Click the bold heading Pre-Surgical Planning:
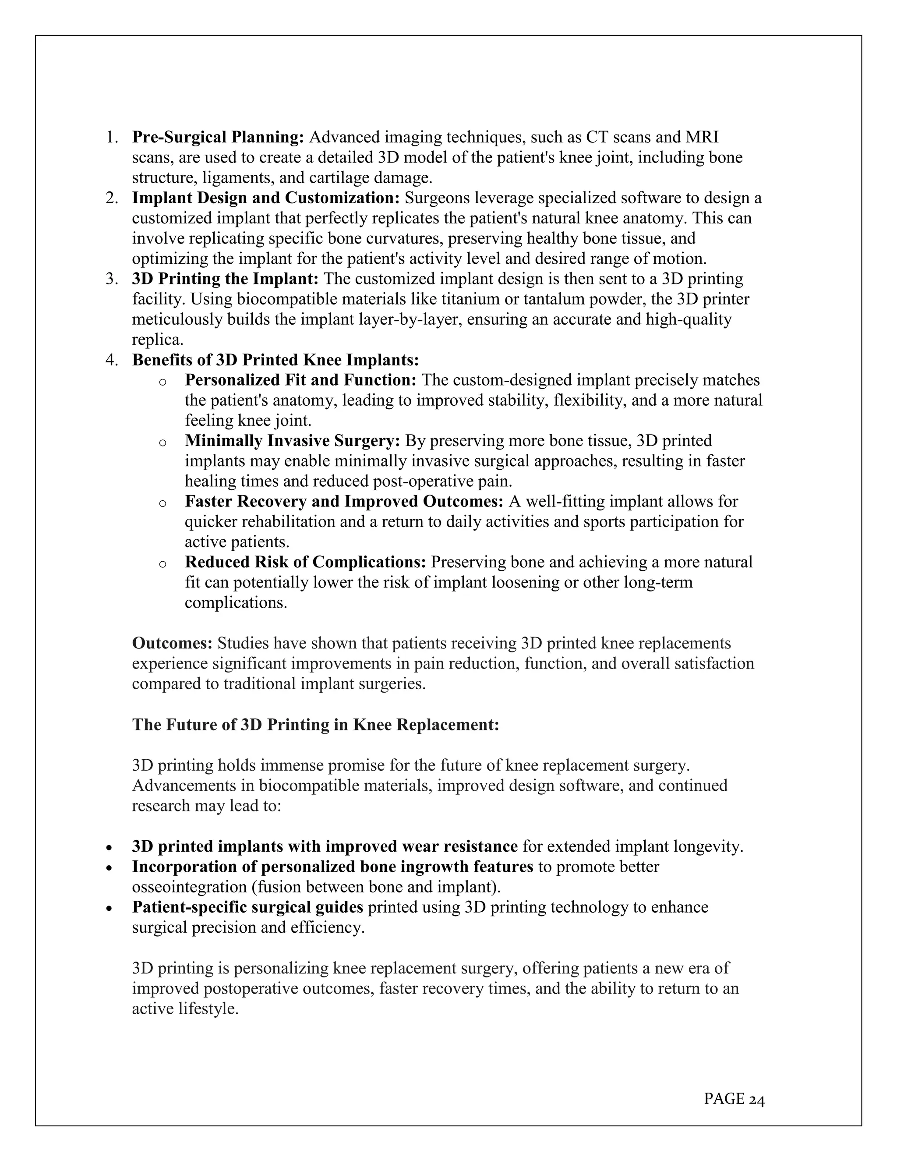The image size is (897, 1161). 218,137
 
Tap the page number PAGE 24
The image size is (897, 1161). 734,1098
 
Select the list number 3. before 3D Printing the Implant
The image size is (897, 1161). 112,279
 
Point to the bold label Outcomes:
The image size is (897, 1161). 172,643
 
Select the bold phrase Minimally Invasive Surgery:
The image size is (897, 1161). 292,441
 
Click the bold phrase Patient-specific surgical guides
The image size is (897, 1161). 247,907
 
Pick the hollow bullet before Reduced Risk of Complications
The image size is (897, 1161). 162,563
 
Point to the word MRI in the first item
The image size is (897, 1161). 702,137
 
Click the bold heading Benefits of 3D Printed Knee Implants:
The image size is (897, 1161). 275,360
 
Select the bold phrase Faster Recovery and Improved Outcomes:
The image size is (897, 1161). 344,501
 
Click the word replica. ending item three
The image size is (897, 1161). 157,340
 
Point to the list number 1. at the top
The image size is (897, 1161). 112,137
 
